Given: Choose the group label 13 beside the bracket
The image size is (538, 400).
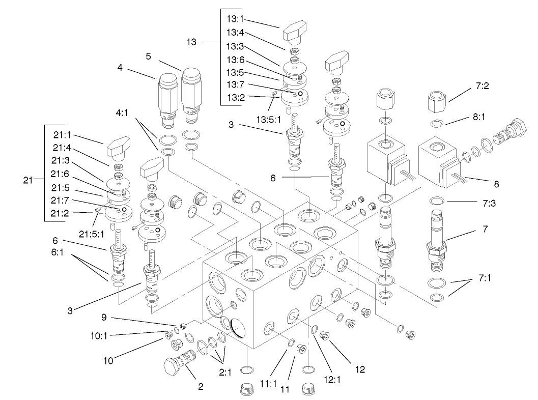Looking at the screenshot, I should pos(191,42).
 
